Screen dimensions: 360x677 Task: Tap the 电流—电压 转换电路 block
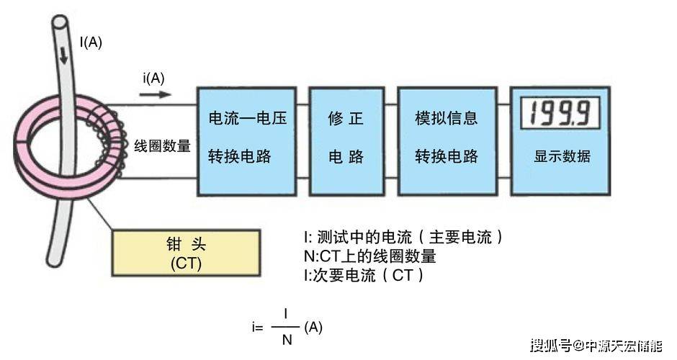point(247,140)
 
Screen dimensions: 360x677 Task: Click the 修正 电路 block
point(346,140)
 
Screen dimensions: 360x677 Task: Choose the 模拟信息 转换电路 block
point(447,140)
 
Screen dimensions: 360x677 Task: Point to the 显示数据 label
point(562,156)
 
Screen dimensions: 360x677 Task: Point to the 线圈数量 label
point(162,146)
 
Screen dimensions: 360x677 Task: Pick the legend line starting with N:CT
point(370,256)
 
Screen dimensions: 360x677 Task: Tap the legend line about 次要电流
point(364,275)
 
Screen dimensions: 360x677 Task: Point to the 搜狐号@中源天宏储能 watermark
point(596,346)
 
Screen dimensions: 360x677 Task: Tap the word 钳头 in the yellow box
point(186,245)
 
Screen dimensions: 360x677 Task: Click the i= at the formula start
point(257,328)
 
